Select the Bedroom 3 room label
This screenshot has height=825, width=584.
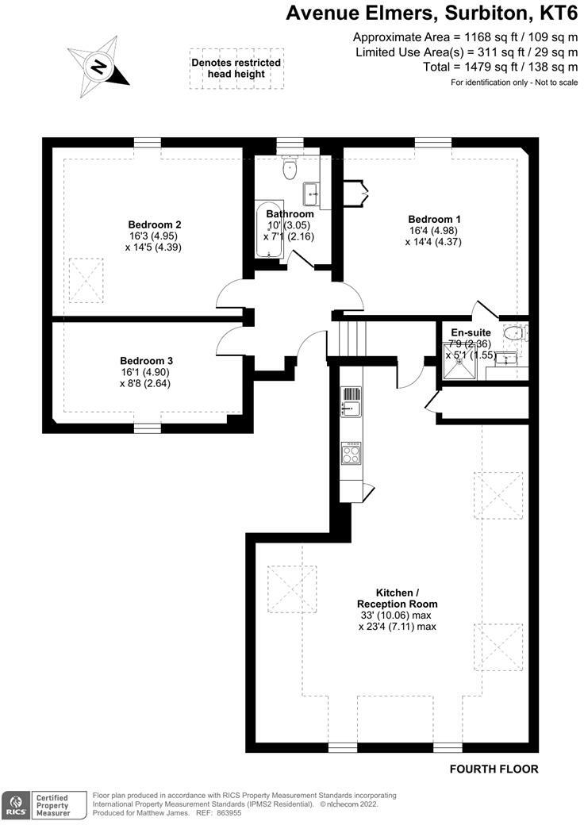146,359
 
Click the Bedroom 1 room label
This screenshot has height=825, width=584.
434,219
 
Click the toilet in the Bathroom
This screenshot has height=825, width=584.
290,167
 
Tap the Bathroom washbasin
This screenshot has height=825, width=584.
311,191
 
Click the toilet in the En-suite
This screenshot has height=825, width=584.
516,332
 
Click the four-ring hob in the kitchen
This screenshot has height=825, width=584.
351,453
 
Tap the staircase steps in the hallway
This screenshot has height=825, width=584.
352,339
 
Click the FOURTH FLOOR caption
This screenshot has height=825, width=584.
494,769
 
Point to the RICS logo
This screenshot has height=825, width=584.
15,804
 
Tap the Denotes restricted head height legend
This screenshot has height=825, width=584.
236,68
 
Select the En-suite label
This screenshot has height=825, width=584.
471,332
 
